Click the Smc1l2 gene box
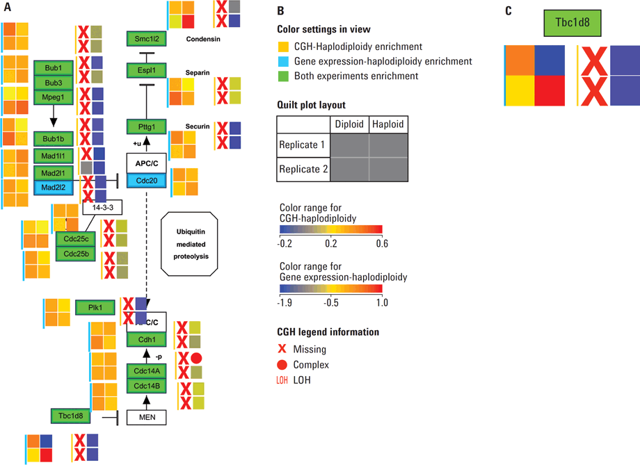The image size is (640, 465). coord(145,39)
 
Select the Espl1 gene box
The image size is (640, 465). coord(145,70)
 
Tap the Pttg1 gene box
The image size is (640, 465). coord(145,127)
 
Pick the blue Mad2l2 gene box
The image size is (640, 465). coord(54,187)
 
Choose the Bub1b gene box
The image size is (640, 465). coord(54,138)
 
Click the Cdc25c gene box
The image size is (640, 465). coord(75,239)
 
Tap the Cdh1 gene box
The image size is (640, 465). coord(145,339)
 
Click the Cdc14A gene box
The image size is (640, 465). coord(145,371)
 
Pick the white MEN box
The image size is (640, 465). coord(145,418)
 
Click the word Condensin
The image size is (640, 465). coord(203,39)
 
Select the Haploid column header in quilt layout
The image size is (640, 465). coord(387,124)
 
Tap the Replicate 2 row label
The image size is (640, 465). coord(303,169)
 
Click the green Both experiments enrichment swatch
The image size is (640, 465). coord(282,76)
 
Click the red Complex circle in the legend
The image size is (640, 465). coord(282,364)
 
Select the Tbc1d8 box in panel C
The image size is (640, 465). coord(573,22)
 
